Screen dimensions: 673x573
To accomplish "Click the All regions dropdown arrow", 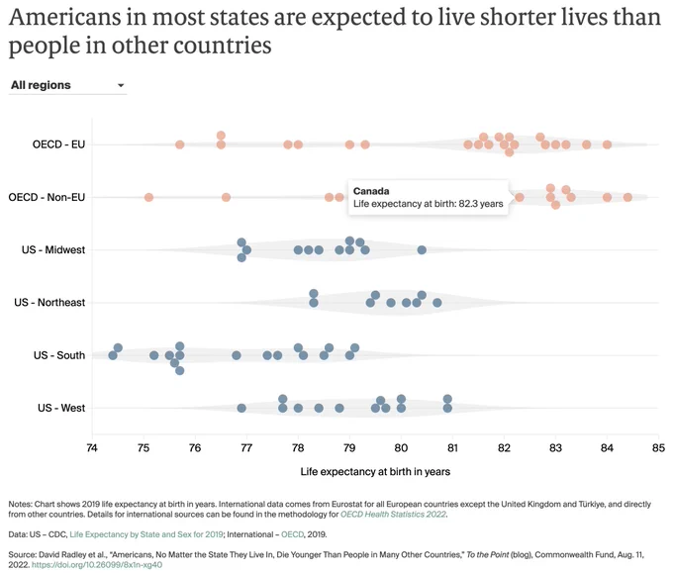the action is pos(121,85).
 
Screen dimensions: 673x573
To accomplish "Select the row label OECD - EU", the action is pos(58,144).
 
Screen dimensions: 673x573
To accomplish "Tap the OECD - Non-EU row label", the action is pos(47,197).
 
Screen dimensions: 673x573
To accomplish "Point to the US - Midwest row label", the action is pos(53,249).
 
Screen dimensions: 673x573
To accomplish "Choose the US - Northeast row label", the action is pos(49,303).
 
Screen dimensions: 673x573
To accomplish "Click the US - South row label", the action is pos(59,355).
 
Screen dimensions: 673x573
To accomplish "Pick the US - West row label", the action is pos(61,408).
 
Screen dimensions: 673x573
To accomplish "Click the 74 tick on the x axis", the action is pos(92,448).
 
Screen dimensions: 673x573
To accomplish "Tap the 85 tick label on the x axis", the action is pos(658,448).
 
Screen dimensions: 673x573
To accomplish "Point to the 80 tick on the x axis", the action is pos(401,448).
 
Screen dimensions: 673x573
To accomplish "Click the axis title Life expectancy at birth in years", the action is pos(375,472).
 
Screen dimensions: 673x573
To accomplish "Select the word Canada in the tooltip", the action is pos(371,191).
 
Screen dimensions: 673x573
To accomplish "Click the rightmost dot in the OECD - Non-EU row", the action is pos(627,198).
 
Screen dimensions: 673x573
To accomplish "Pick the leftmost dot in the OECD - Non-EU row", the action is pos(148,198).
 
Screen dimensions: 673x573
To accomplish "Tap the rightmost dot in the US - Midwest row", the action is pos(422,249).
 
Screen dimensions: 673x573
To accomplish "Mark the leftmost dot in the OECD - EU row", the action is pos(180,144).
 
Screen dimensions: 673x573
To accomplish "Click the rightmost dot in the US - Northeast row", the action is pos(436,303).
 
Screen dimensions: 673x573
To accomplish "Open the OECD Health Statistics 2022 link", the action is pos(393,515).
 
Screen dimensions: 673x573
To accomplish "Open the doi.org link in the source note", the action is pos(97,565).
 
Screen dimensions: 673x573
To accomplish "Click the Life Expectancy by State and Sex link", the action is pos(146,534).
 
